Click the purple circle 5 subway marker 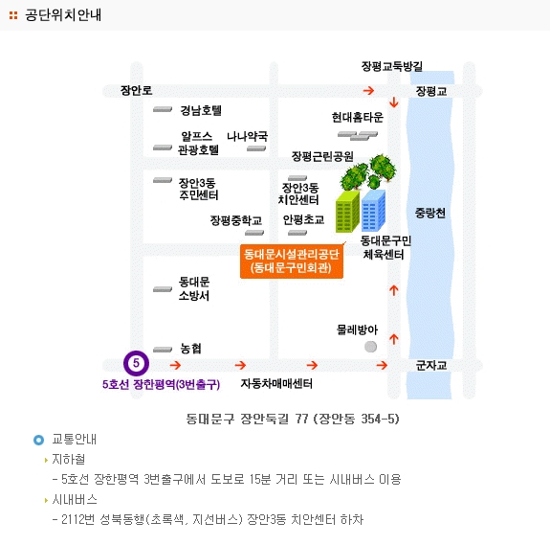click(x=136, y=363)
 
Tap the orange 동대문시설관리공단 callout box click(x=292, y=261)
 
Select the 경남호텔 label click(x=201, y=110)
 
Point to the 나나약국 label click(x=247, y=136)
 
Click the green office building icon click(x=347, y=212)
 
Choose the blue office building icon click(x=373, y=211)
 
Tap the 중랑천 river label click(x=430, y=213)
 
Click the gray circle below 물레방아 click(x=371, y=347)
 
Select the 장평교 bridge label click(x=431, y=91)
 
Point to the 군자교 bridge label click(x=431, y=366)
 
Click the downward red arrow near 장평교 click(x=394, y=102)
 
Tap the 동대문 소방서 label click(x=194, y=288)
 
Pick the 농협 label click(x=190, y=349)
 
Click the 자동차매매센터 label click(x=276, y=383)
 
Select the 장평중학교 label click(x=235, y=220)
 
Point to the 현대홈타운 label click(x=358, y=117)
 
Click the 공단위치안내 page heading click(x=63, y=15)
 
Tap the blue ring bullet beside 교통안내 click(x=38, y=440)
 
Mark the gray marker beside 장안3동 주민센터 click(x=163, y=180)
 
